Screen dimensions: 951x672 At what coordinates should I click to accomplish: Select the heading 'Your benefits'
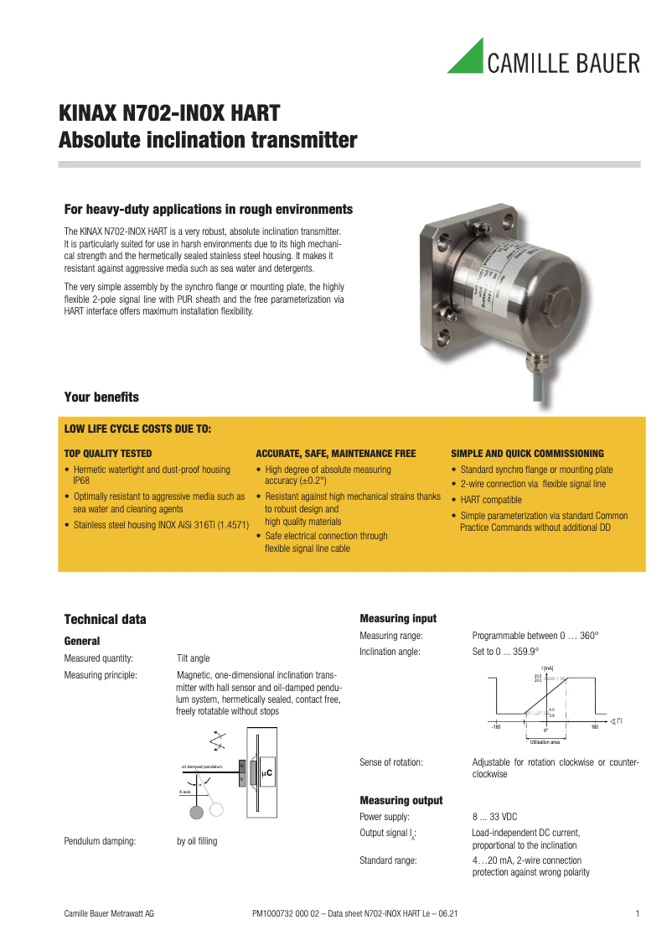point(101,397)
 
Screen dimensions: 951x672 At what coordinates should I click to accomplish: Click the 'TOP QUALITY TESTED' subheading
point(108,453)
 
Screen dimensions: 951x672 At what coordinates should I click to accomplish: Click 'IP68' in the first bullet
point(81,481)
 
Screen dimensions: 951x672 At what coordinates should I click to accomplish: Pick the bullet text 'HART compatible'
point(491,500)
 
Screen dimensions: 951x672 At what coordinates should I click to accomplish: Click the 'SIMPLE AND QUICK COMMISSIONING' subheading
point(527,453)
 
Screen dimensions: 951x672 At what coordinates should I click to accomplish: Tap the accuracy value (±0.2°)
point(307,481)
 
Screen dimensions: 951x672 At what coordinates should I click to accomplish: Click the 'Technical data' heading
point(105,620)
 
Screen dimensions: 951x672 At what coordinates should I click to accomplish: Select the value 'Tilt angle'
point(194,658)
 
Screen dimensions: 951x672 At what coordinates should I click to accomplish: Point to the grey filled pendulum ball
point(196,811)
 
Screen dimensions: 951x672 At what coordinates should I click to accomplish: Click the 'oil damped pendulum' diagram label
point(201,767)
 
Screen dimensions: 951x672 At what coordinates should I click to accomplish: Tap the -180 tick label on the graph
point(496,727)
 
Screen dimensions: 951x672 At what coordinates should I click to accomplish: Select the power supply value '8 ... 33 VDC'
point(494,816)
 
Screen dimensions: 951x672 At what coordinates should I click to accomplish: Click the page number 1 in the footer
point(638,912)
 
